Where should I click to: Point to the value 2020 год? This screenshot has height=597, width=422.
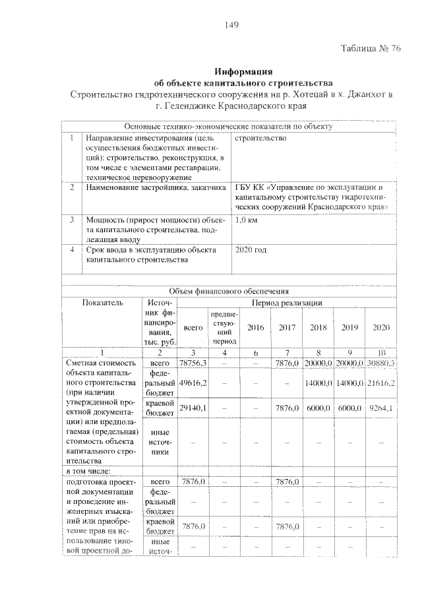251,250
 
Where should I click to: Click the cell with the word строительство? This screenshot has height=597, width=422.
260,139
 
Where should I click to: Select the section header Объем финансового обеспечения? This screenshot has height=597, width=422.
229,290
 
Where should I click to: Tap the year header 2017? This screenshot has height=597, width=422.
287,328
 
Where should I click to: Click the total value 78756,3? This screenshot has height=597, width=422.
193,363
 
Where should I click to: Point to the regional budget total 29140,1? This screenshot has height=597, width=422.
193,409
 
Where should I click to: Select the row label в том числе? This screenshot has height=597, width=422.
90,471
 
